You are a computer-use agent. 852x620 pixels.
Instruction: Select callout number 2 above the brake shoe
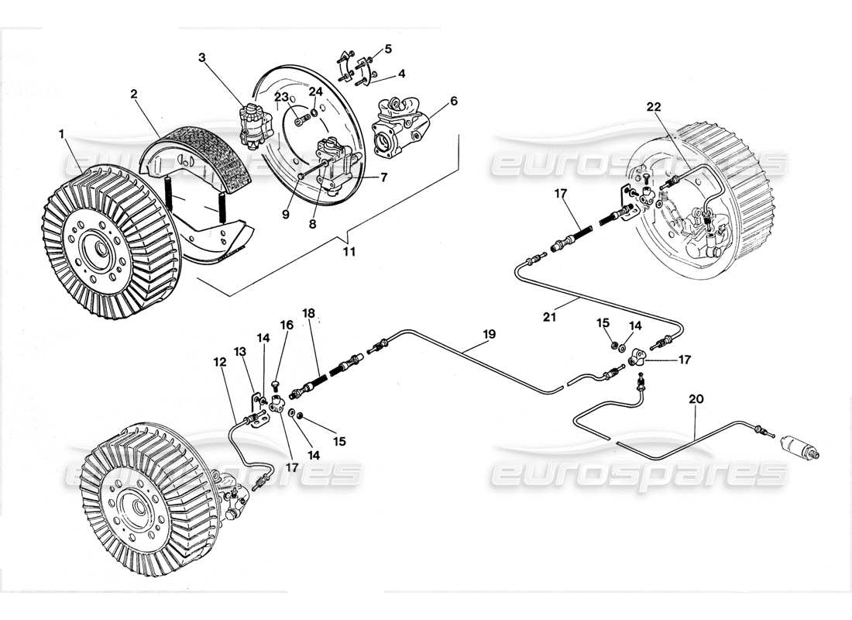134,94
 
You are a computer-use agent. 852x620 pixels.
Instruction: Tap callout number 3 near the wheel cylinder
201,57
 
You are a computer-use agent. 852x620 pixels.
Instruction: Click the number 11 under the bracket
349,252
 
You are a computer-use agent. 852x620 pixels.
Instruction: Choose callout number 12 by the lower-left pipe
222,362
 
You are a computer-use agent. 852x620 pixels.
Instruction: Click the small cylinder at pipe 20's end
800,448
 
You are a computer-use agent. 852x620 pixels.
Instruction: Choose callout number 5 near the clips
388,48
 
